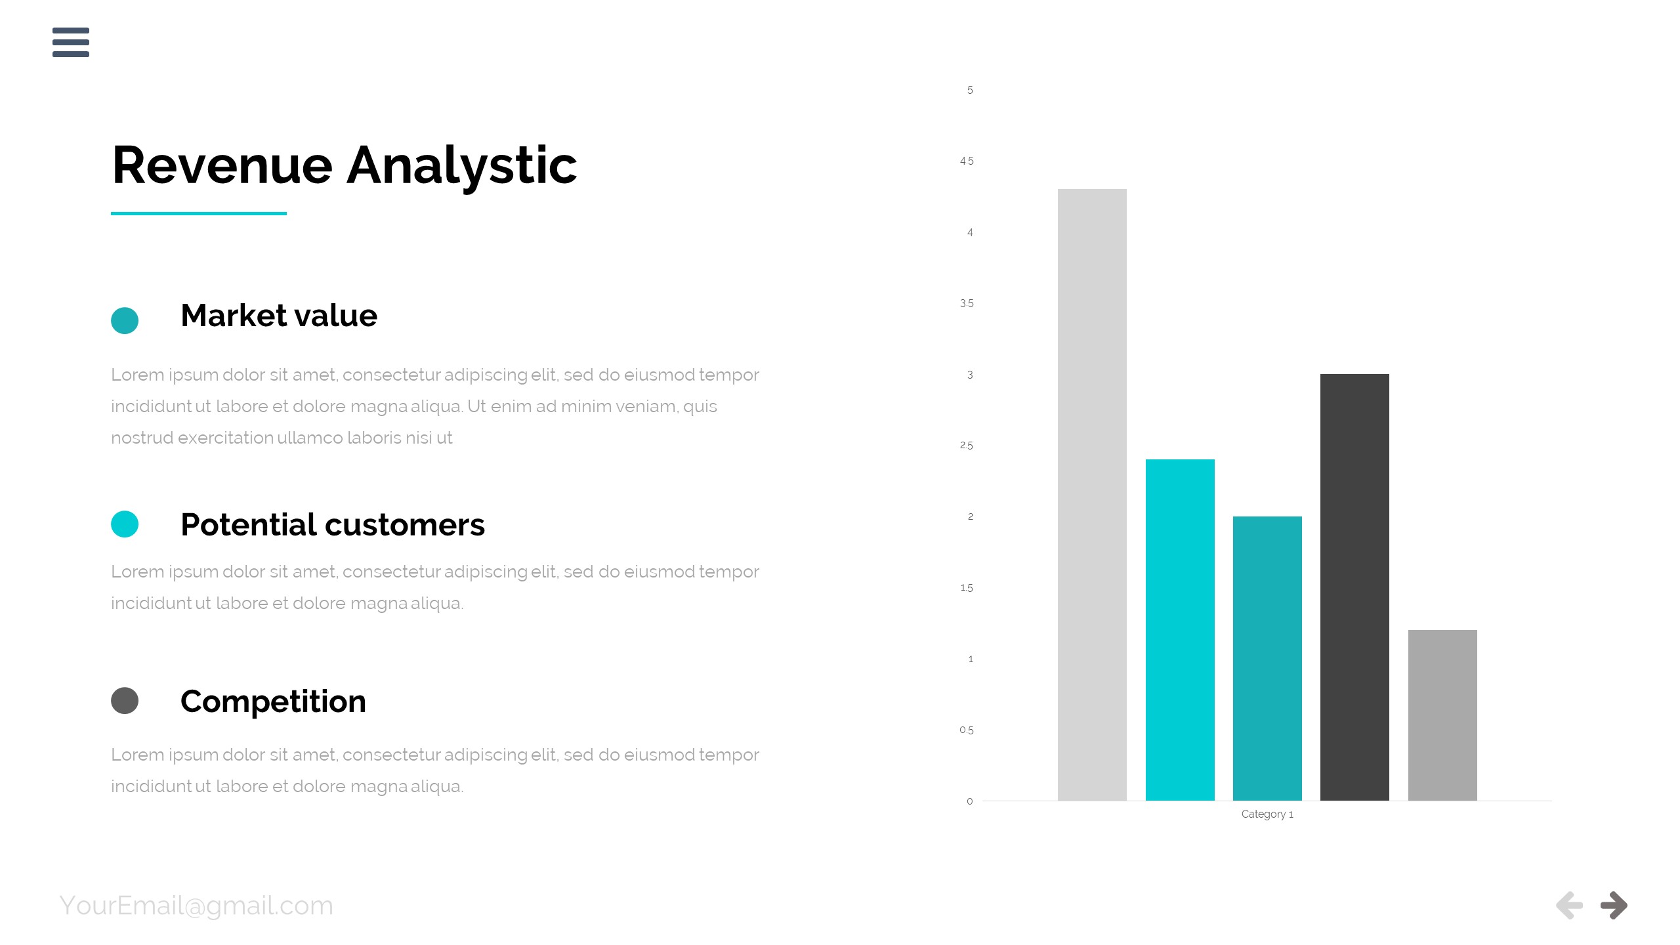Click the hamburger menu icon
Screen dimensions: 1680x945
tap(71, 42)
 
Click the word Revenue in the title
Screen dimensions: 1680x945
tap(222, 165)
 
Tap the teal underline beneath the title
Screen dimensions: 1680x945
tap(199, 213)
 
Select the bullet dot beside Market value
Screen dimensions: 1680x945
tap(125, 320)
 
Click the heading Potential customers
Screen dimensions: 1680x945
tap(333, 524)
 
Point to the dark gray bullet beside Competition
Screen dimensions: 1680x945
tap(125, 700)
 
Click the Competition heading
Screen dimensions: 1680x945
tap(273, 702)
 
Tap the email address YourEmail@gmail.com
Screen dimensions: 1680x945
tap(196, 906)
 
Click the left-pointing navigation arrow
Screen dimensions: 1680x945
tap(1569, 906)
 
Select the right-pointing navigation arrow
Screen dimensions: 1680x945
tap(1614, 906)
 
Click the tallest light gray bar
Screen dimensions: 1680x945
tap(1092, 495)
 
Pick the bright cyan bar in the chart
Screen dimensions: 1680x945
tap(1180, 630)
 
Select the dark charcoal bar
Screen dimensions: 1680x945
tap(1354, 587)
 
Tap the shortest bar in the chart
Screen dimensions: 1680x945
tap(1442, 715)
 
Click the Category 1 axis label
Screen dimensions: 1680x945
tap(1267, 814)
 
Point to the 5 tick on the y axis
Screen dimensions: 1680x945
tap(970, 90)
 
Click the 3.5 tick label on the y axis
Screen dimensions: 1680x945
tap(967, 303)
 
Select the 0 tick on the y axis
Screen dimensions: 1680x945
tap(970, 801)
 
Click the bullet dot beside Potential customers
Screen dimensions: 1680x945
tap(125, 524)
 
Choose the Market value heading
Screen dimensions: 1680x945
tap(279, 316)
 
